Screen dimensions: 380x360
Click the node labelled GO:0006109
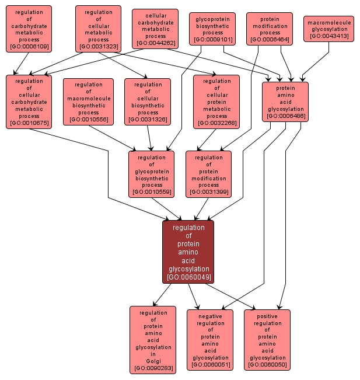(x=29, y=29)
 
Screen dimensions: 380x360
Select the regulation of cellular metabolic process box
(x=98, y=29)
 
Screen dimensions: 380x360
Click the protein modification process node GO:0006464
(x=269, y=29)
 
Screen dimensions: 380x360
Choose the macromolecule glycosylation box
(x=328, y=29)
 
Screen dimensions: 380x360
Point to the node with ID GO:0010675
(x=29, y=102)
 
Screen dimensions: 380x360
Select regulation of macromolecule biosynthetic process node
(x=88, y=102)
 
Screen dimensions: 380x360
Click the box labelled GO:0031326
(x=148, y=102)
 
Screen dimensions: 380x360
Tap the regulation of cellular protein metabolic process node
(x=216, y=102)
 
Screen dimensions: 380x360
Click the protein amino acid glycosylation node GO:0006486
(x=285, y=102)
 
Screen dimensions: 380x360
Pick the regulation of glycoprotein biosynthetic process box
(x=152, y=174)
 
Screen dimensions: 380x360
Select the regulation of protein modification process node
(x=208, y=174)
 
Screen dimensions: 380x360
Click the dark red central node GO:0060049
(x=188, y=252)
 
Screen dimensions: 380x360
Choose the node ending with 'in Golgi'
(x=153, y=340)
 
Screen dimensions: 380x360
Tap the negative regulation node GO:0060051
(x=210, y=340)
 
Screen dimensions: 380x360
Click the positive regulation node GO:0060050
(x=267, y=340)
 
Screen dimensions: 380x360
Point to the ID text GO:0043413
(x=328, y=37)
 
